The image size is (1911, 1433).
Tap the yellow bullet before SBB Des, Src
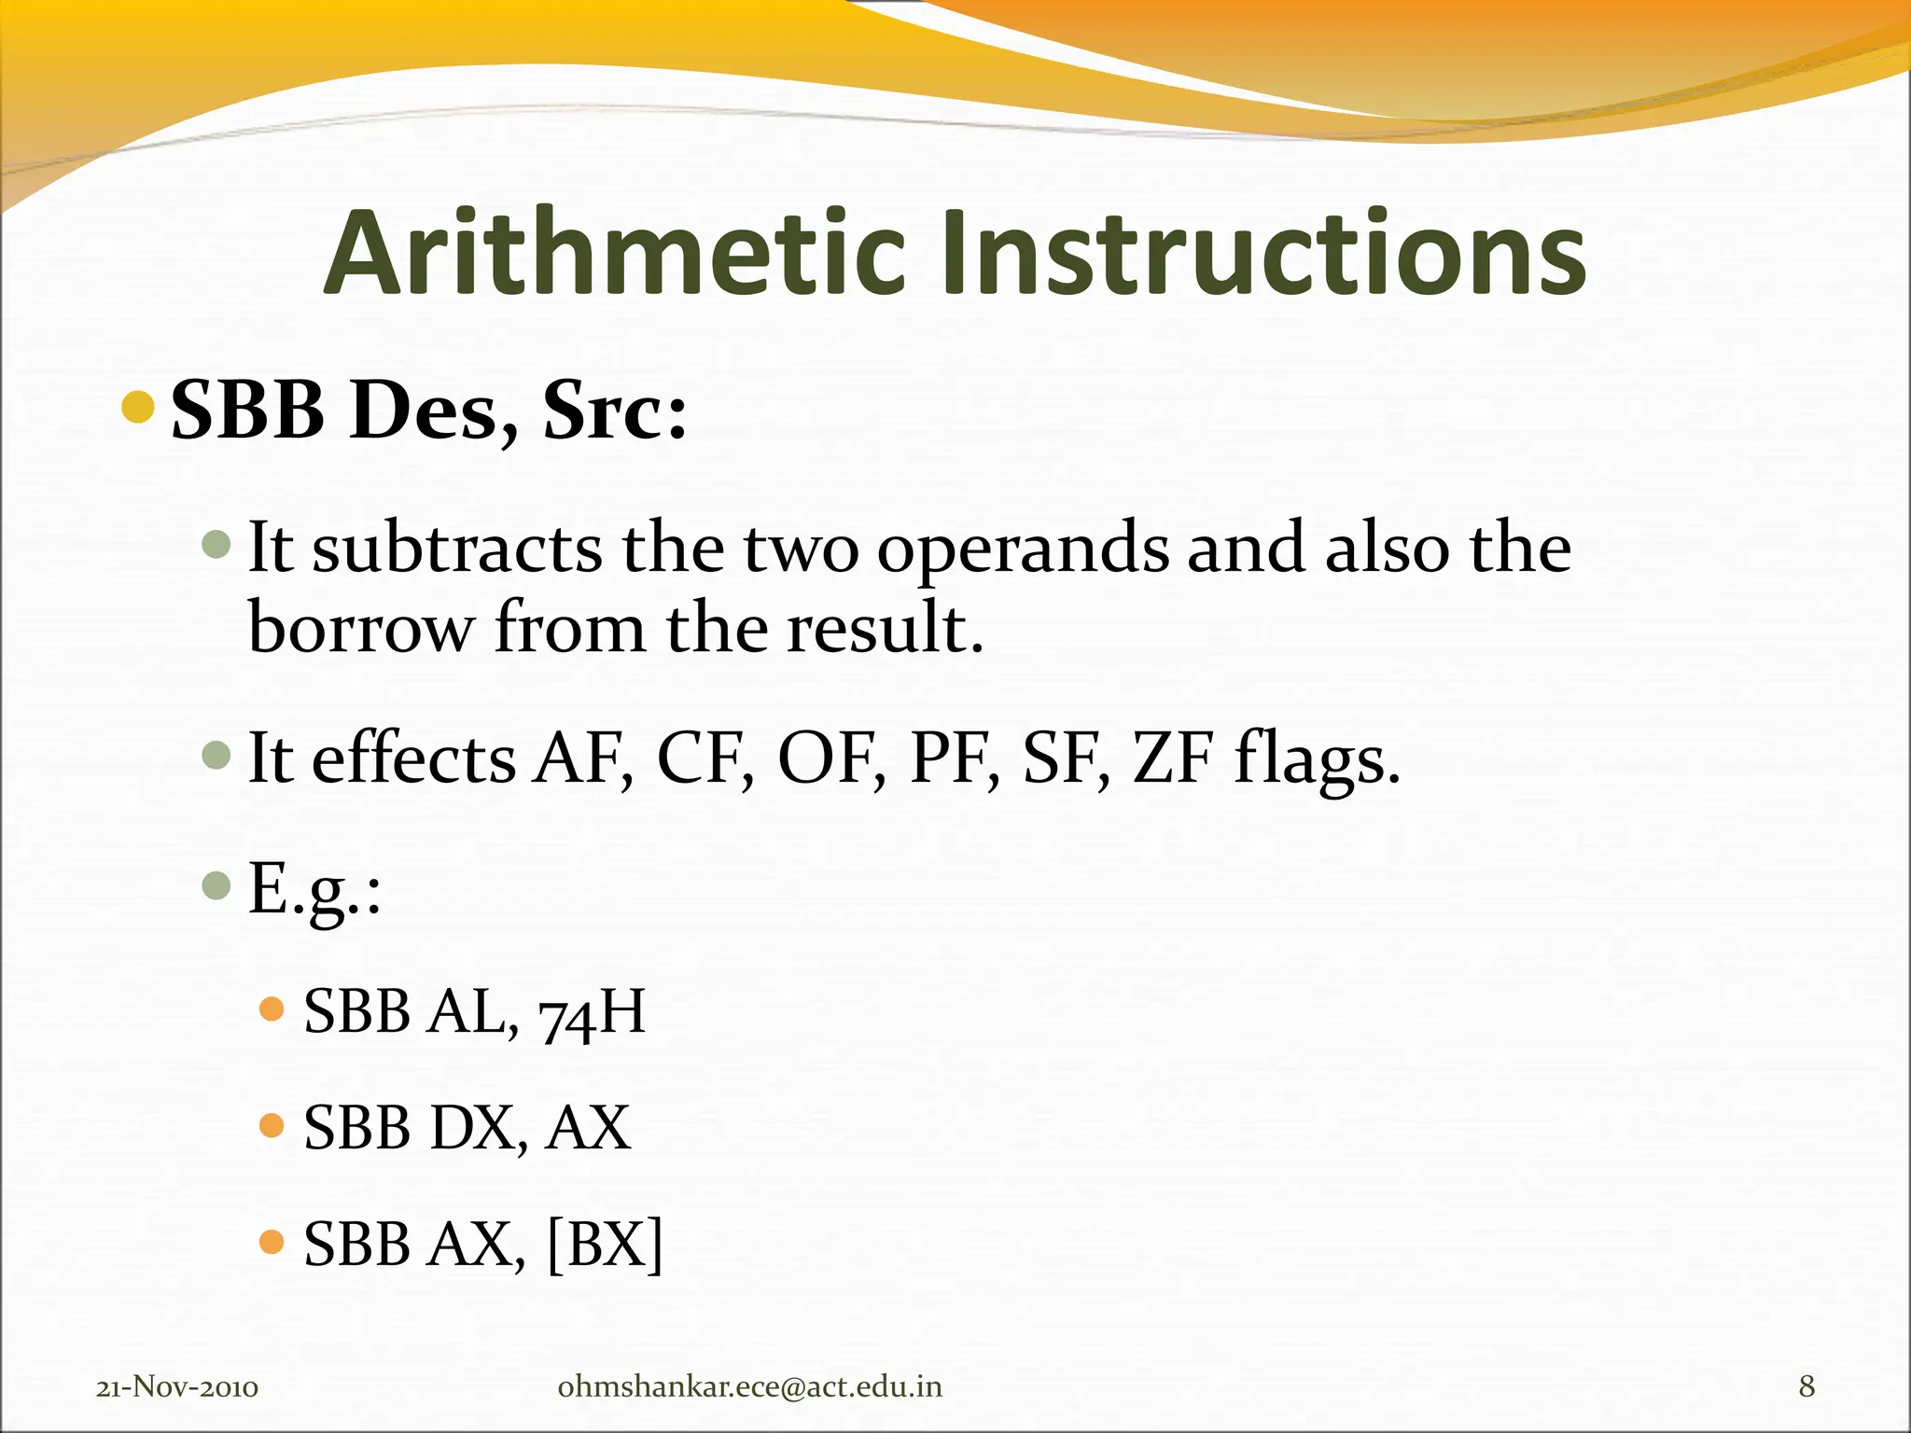click(138, 408)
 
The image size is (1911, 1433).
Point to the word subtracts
click(457, 549)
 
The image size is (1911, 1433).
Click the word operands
click(1022, 550)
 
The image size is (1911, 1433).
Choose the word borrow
click(360, 627)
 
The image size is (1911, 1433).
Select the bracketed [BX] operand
click(605, 1244)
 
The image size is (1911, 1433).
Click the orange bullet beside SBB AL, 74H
click(271, 1009)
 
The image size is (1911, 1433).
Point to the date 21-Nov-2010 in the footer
click(177, 1387)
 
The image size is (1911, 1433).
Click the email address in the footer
click(749, 1387)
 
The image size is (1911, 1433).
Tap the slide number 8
click(1806, 1387)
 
